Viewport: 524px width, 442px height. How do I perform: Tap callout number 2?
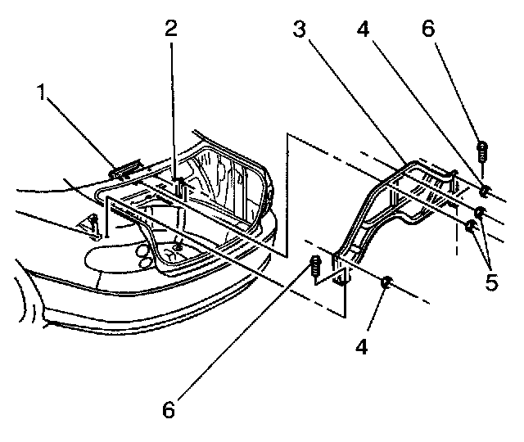(171, 30)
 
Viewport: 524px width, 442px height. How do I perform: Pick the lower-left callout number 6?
(168, 410)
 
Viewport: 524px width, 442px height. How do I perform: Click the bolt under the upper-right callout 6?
(483, 152)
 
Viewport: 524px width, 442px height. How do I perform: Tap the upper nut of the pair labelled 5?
(480, 213)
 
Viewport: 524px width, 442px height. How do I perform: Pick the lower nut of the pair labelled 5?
(471, 227)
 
